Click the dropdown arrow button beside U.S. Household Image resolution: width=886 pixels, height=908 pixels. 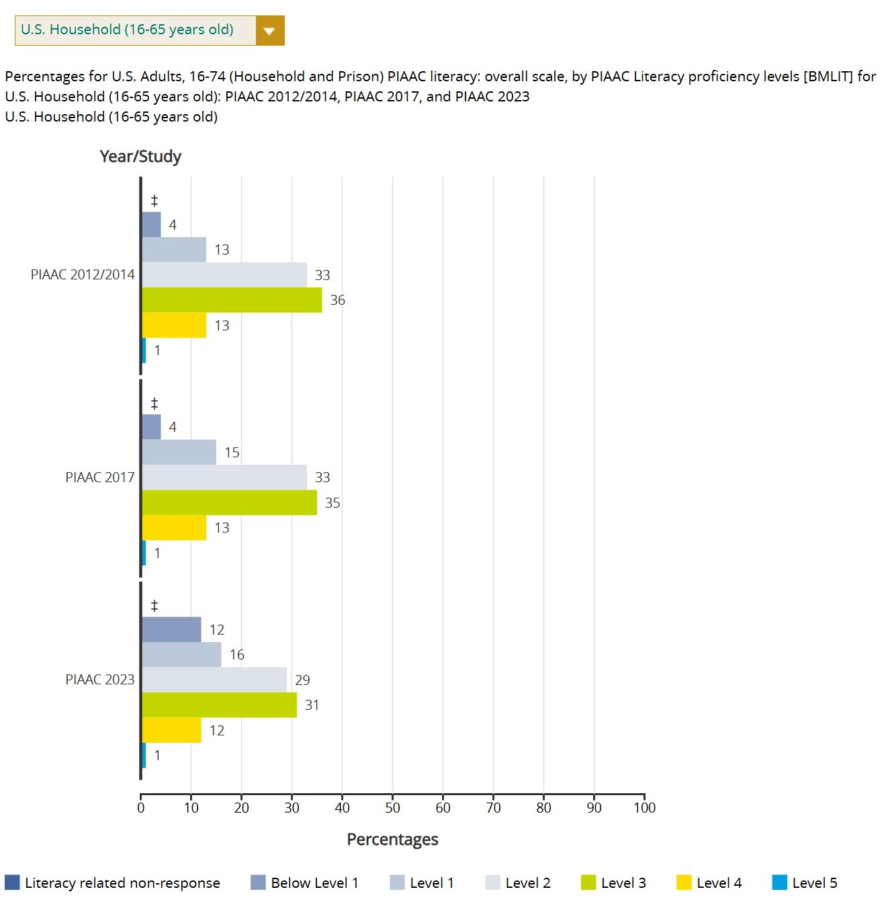pos(270,31)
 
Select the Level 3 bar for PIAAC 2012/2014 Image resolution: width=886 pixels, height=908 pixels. pos(232,300)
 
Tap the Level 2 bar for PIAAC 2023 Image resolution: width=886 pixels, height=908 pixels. pos(214,680)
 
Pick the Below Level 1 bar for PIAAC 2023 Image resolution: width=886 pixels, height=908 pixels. pos(171,629)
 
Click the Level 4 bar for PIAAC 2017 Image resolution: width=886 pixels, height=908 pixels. pos(174,528)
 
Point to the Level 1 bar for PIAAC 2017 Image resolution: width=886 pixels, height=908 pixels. pos(179,452)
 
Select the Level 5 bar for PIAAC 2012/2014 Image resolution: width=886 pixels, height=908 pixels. pos(144,351)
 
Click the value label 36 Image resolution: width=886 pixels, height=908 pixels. pos(337,300)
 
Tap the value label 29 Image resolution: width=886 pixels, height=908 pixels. pos(302,680)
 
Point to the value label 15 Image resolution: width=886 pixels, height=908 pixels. pos(232,453)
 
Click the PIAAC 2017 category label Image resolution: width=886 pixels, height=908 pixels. pos(99,478)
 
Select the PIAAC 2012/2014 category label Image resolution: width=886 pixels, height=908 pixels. pos(83,275)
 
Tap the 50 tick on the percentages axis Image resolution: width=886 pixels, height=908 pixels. pos(392,808)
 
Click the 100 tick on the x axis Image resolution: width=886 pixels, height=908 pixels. pos(644,808)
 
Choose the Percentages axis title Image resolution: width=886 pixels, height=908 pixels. pos(392,839)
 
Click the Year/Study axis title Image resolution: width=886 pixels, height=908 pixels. pos(140,156)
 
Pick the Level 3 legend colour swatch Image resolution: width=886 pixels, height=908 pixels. pos(588,882)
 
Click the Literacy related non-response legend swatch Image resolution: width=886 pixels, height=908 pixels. pos(12,882)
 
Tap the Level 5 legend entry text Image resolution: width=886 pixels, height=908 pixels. pos(814,883)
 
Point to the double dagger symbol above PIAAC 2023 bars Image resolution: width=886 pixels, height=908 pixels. pos(154,606)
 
